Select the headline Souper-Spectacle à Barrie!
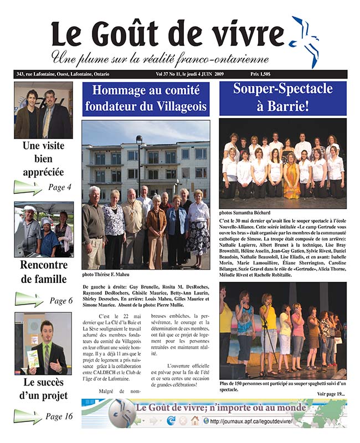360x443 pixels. (282, 97)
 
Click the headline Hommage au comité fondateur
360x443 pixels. (146, 99)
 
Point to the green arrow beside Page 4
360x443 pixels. (28, 187)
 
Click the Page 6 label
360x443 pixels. (61, 301)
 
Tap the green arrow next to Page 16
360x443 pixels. (28, 416)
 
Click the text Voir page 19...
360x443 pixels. (331, 394)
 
